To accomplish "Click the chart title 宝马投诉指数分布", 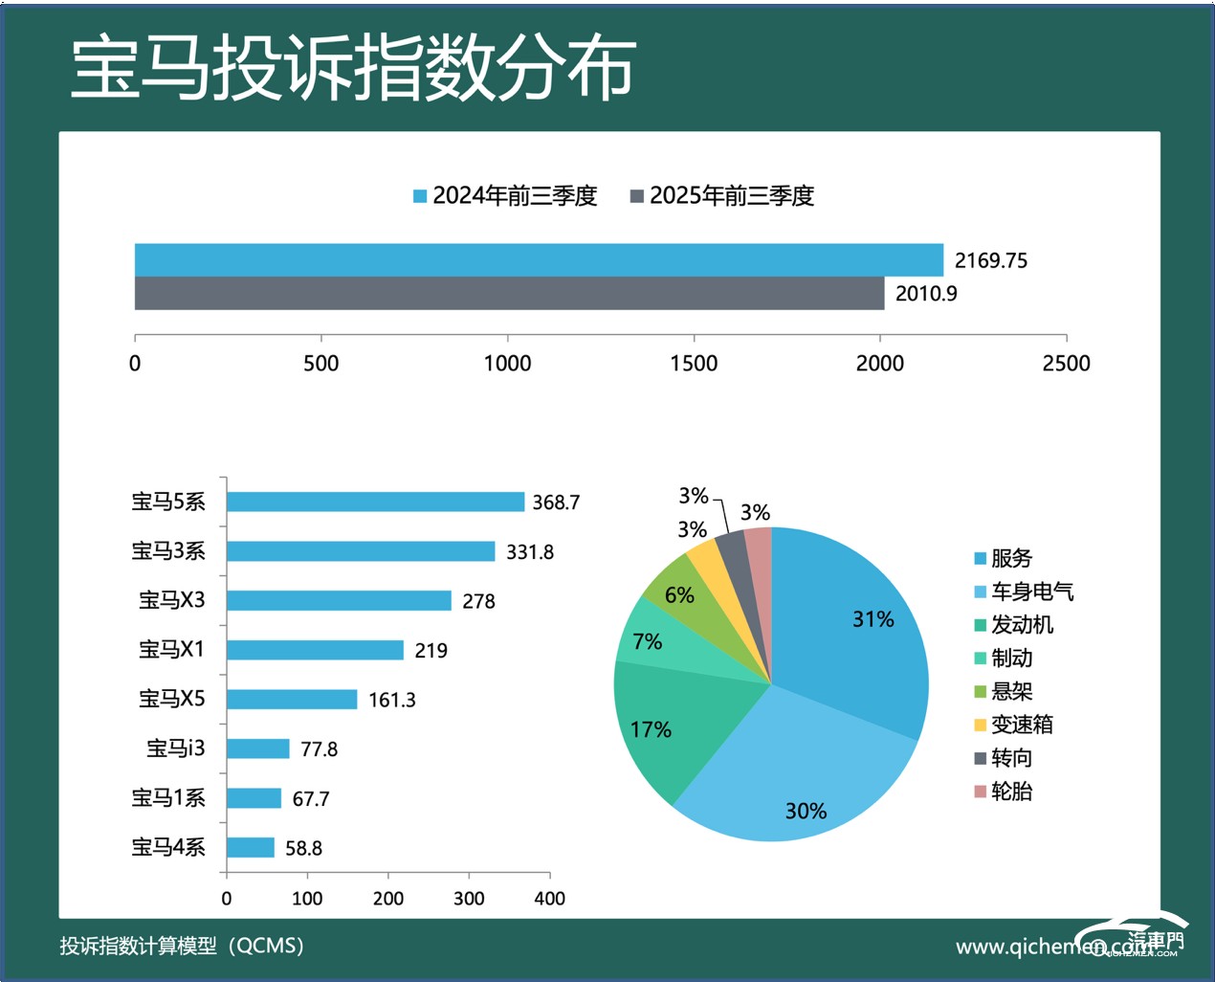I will (353, 69).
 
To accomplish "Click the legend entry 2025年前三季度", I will (722, 196).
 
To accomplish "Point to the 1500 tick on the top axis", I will (694, 363).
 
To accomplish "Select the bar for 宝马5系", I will (375, 502).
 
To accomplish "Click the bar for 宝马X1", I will (315, 650).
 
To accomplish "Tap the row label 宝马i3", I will (175, 748).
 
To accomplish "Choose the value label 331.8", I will (530, 552).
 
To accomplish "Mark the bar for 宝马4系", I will (251, 848).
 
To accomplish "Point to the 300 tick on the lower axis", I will (469, 898).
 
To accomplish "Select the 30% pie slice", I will (794, 775).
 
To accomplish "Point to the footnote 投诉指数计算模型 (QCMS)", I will (182, 946).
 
